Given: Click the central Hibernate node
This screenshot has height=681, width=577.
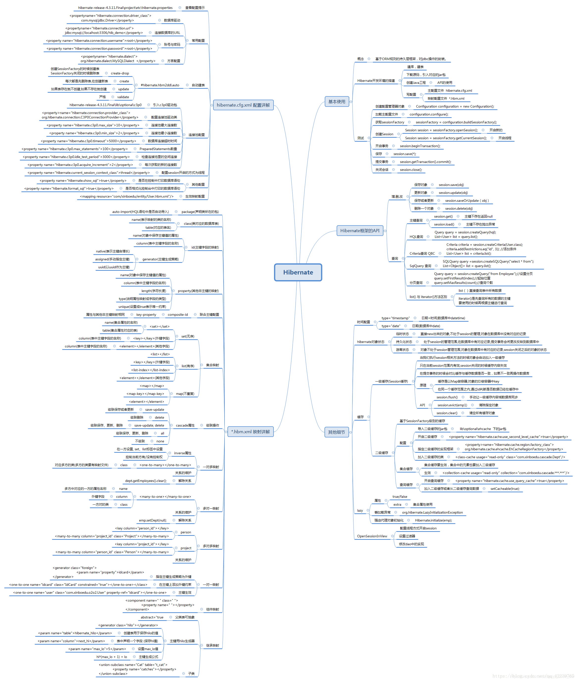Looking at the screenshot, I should [298, 272].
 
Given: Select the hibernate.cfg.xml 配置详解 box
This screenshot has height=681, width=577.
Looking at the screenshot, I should [243, 105].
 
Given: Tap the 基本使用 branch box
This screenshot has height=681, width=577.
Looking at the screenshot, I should [337, 102].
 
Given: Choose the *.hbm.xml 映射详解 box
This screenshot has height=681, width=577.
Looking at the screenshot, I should [250, 432].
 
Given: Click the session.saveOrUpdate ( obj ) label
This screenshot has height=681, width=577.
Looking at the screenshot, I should [467, 201].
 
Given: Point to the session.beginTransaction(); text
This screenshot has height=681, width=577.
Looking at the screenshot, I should [420, 146].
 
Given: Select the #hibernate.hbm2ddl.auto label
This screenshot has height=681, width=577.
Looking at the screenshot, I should [160, 85].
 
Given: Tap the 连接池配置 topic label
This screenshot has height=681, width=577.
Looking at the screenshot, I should [196, 135].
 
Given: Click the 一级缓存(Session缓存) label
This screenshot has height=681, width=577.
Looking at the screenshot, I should [391, 381].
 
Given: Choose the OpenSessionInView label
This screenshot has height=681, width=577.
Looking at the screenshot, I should [372, 536].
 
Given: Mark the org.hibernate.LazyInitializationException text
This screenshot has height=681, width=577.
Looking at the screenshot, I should [432, 512].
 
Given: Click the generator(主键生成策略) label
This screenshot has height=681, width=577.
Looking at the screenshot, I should [160, 259].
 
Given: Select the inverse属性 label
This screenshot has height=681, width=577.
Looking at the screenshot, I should [182, 453].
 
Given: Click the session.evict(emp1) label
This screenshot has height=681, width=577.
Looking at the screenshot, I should [452, 405].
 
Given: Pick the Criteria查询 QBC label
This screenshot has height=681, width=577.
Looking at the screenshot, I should [422, 253].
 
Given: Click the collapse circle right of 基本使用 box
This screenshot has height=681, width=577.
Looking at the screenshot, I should [351, 102].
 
